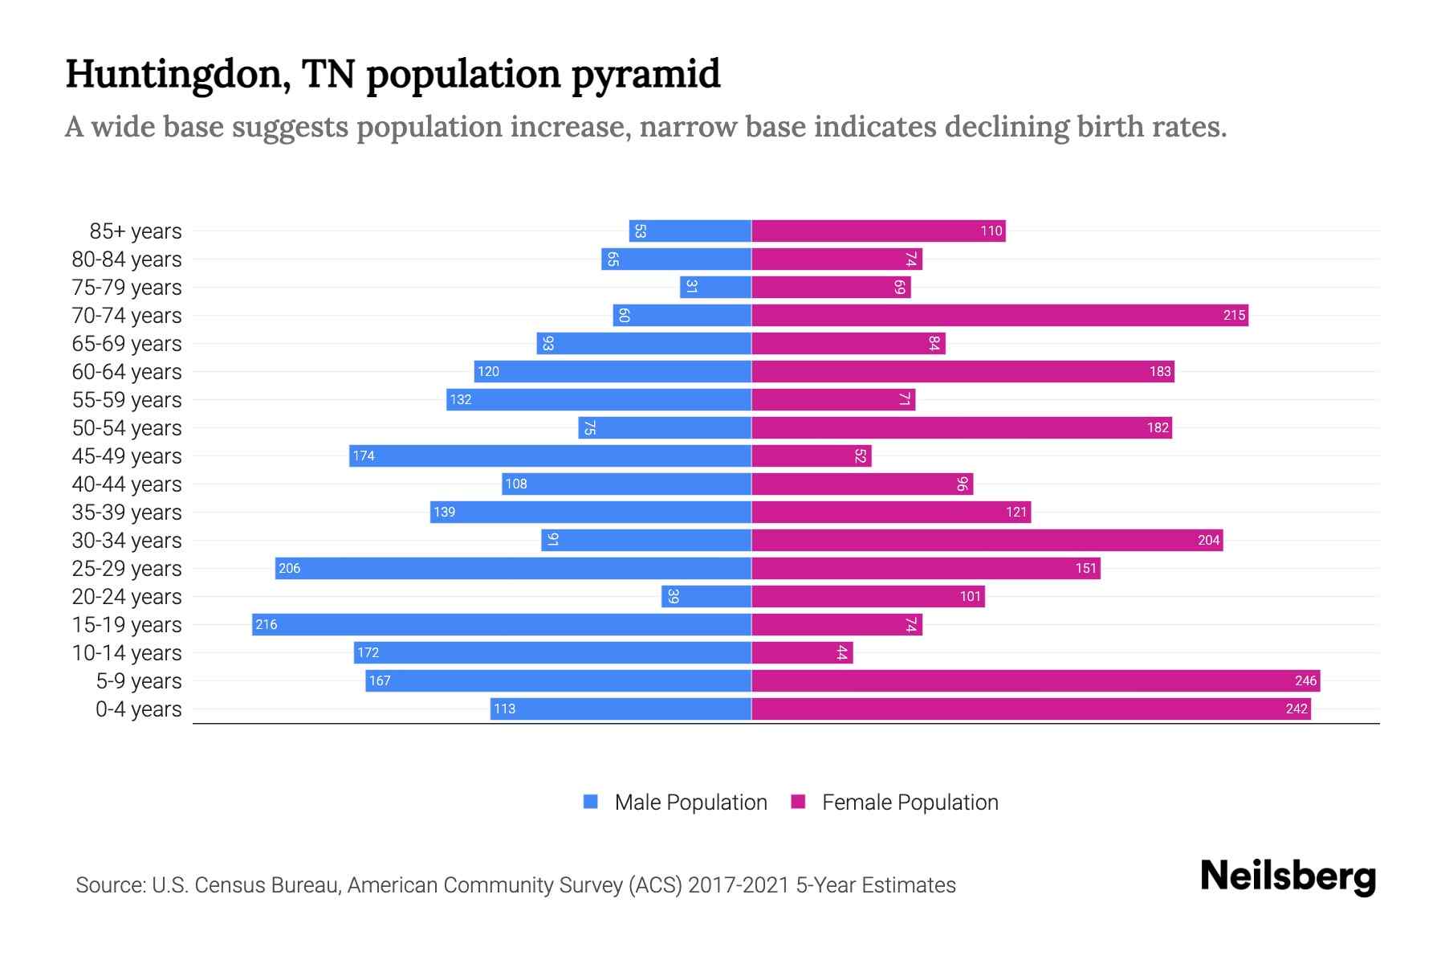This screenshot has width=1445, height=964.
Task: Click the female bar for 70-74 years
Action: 999,316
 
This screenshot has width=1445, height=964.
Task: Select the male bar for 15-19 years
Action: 502,625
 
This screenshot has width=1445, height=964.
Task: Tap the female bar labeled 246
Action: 1036,681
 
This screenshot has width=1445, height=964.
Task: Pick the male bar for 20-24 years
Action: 706,597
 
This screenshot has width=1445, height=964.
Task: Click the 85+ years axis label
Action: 136,231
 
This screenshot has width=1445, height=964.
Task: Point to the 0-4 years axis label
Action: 138,709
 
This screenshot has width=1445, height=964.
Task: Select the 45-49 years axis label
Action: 127,456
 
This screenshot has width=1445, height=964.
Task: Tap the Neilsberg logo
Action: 1288,877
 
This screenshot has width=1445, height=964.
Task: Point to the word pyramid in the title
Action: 645,74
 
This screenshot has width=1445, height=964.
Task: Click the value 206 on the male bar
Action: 290,569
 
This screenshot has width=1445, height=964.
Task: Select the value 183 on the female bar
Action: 1160,372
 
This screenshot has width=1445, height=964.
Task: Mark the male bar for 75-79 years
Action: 715,288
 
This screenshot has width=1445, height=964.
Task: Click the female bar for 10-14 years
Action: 802,653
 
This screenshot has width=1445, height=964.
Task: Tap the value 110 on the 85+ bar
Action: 991,231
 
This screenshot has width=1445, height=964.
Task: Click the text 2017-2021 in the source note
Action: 738,885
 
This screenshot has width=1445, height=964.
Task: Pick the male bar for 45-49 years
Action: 550,456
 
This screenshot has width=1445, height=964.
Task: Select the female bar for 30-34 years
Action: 987,541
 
